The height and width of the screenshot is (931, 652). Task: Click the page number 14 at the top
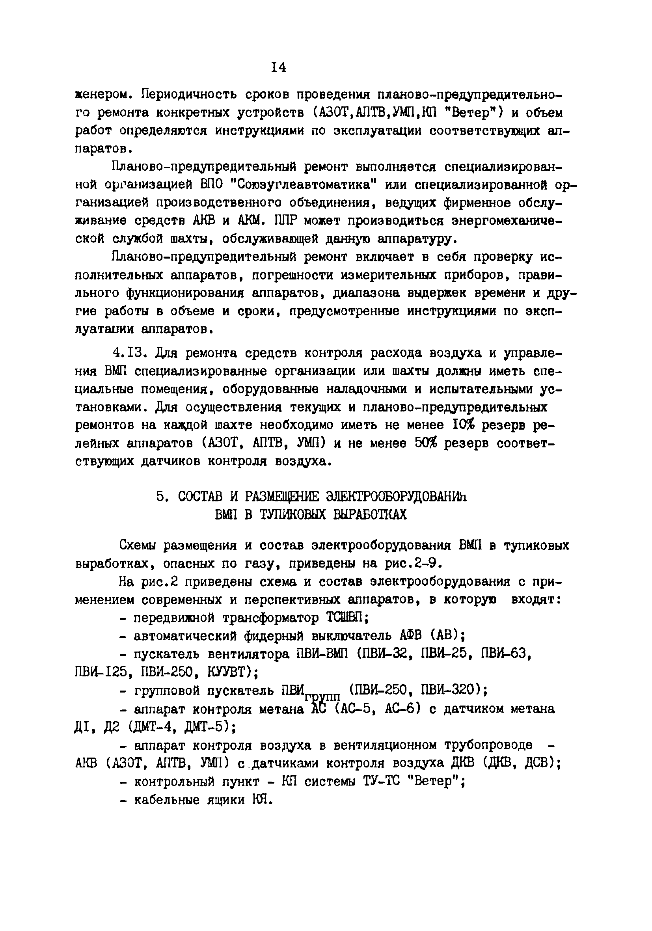(x=279, y=68)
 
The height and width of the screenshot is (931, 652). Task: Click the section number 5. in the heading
(x=162, y=497)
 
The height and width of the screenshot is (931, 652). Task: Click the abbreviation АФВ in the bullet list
(x=412, y=636)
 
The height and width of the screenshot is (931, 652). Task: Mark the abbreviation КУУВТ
(x=230, y=672)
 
